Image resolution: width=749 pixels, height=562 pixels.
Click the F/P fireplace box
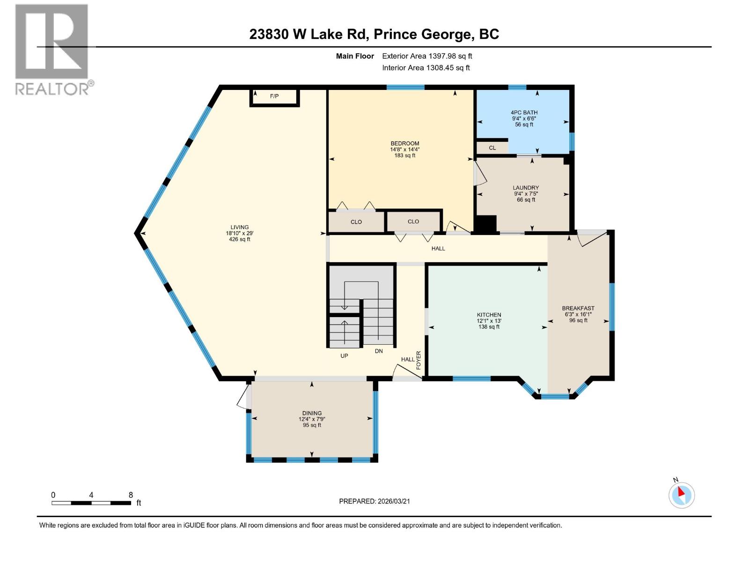tap(274, 96)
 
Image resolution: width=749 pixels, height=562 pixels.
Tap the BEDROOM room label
tap(405, 144)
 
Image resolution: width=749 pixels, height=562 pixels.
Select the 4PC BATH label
tap(524, 113)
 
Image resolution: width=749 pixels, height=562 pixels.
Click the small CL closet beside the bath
tap(492, 148)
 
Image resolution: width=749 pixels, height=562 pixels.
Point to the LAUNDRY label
tap(526, 188)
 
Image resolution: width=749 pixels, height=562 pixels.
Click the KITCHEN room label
tap(489, 315)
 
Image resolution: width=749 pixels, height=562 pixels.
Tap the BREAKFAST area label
tap(578, 309)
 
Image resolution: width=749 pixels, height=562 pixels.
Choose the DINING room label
tap(312, 414)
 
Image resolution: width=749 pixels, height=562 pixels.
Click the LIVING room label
tap(239, 228)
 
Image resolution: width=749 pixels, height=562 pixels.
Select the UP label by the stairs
tap(344, 356)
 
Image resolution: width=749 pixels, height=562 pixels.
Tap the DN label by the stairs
tap(379, 351)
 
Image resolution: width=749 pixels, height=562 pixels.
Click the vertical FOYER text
tap(419, 360)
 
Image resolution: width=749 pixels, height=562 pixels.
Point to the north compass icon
tap(681, 495)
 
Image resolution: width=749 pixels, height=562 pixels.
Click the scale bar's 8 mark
tap(131, 495)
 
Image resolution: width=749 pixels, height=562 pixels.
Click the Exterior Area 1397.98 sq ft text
tap(427, 56)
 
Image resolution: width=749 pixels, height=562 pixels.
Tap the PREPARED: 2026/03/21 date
tap(374, 501)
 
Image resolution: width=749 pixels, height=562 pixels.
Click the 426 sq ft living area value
tap(239, 239)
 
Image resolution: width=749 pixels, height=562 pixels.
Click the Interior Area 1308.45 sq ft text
tap(426, 68)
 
